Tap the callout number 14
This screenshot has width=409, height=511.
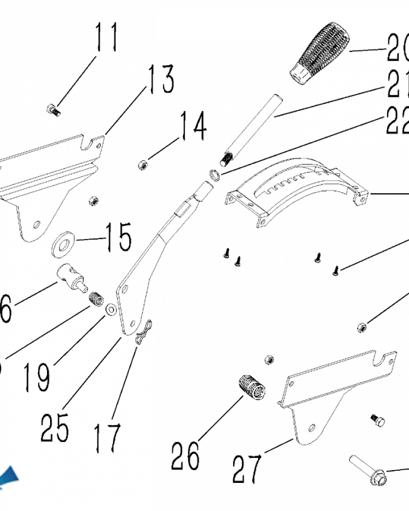193,128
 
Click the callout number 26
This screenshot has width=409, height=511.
185,455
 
